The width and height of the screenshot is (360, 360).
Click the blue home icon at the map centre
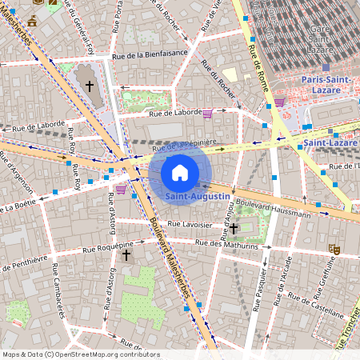[x=180, y=172]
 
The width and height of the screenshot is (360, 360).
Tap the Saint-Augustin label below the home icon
[x=198, y=196]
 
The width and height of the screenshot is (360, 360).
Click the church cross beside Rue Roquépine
[x=126, y=254]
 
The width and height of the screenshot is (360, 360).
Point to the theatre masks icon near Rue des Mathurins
[x=336, y=250]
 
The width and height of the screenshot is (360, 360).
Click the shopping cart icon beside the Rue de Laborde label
[x=208, y=113]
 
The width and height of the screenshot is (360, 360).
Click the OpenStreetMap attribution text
[x=70, y=354]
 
